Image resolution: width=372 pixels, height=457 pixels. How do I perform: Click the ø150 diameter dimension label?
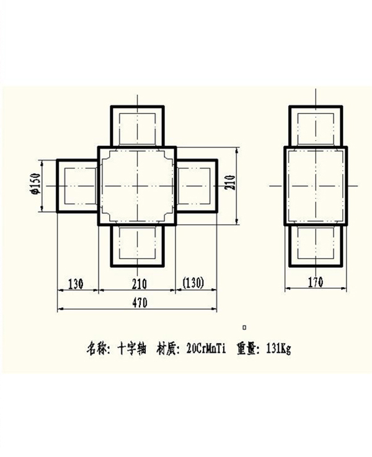[x=37, y=184]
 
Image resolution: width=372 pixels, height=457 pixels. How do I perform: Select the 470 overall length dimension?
[x=140, y=303]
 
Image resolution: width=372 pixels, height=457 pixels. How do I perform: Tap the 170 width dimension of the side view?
[x=316, y=282]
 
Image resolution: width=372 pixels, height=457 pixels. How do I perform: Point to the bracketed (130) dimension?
[x=193, y=283]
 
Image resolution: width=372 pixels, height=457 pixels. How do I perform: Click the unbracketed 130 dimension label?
[x=76, y=283]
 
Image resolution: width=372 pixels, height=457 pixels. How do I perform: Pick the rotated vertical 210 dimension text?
[x=230, y=182]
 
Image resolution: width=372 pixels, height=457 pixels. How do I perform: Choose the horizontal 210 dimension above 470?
[x=139, y=284]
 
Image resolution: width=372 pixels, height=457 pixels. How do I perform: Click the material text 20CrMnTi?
[x=206, y=349]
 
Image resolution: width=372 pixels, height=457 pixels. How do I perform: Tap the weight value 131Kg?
[x=278, y=349]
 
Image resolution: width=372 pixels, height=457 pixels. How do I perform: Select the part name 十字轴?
[x=131, y=349]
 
